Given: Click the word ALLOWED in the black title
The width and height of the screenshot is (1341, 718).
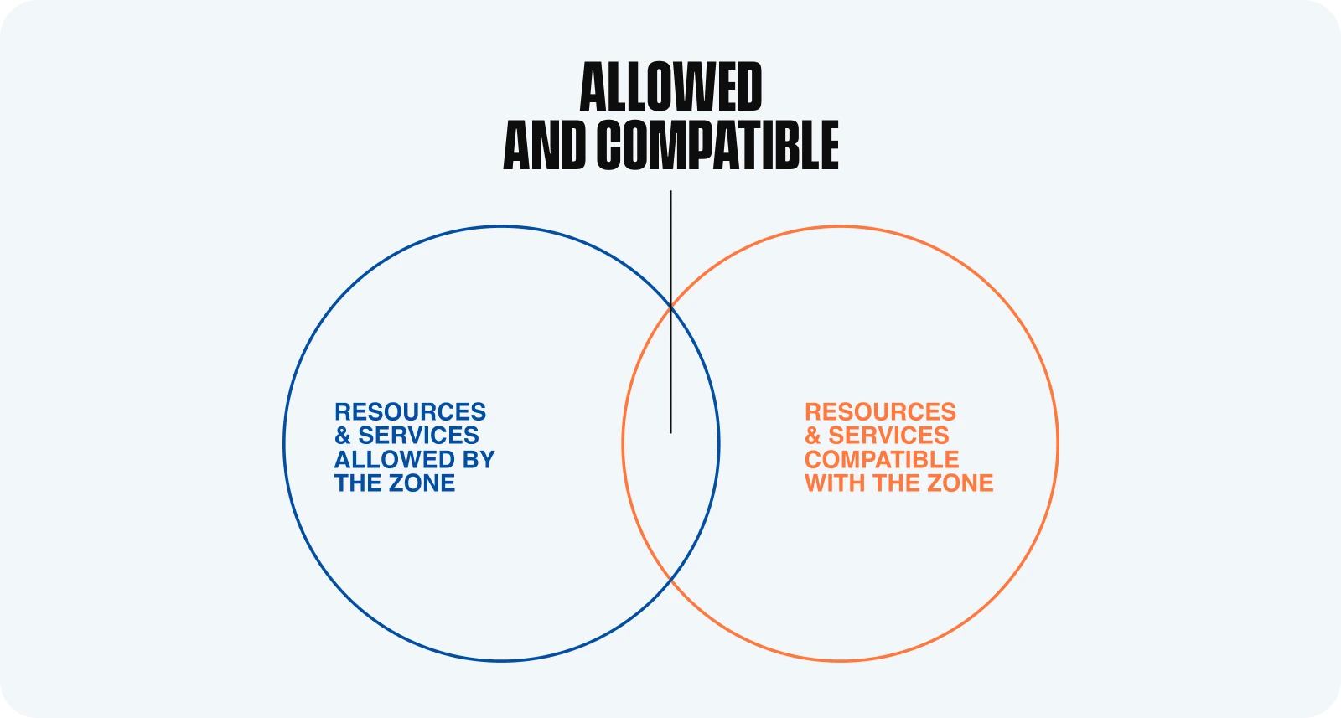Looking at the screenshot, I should pyautogui.click(x=670, y=87).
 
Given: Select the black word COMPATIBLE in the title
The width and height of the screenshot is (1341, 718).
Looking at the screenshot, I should pyautogui.click(x=717, y=146).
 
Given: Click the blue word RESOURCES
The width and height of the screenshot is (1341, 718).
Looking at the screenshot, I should pyautogui.click(x=410, y=412).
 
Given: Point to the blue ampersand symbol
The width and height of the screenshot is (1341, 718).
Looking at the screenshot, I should pyautogui.click(x=342, y=436).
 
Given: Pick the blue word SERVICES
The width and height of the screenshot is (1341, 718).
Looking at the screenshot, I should pyautogui.click(x=418, y=436).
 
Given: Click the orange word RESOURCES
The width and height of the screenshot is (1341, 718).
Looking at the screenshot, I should pyautogui.click(x=880, y=412).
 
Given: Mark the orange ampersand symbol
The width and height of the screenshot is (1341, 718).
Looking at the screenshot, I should pyautogui.click(x=812, y=436).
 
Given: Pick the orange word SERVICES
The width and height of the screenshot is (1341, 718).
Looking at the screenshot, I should pyautogui.click(x=888, y=436).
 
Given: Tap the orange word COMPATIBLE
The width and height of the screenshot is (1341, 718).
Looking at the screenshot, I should pyautogui.click(x=882, y=459).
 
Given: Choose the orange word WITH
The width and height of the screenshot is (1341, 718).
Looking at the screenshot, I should pyautogui.click(x=835, y=483).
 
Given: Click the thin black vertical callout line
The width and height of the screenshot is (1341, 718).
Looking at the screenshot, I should pyautogui.click(x=670, y=251).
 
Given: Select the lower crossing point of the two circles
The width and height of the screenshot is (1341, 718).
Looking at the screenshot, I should pyautogui.click(x=671, y=580).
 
